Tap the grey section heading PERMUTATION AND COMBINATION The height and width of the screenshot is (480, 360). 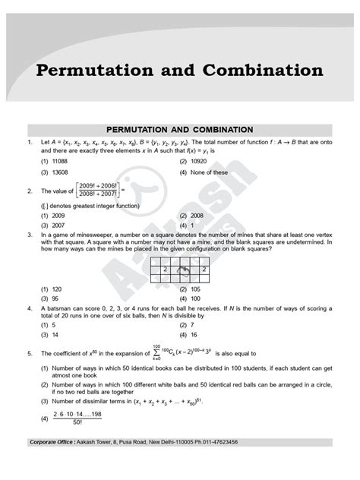(x=180, y=129)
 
